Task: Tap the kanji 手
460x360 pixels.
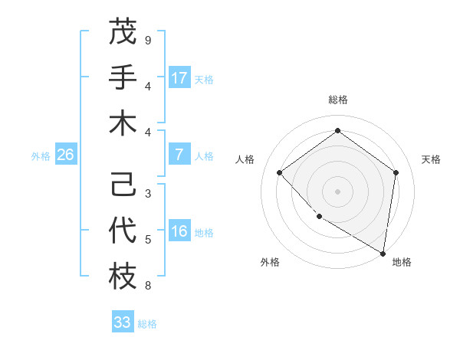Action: (x=123, y=77)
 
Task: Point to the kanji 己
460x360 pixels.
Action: (x=123, y=185)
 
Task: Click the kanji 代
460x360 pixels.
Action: (x=123, y=231)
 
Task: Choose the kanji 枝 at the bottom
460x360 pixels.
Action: (x=123, y=277)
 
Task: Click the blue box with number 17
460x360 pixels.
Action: (x=179, y=78)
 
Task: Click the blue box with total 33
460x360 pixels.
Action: (x=123, y=322)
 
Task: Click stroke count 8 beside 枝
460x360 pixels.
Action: (x=148, y=286)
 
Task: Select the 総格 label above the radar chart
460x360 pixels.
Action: (x=337, y=100)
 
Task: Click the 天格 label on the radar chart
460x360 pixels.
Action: (x=432, y=159)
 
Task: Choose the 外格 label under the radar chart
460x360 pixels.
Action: (x=270, y=262)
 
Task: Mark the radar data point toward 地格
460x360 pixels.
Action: (x=383, y=252)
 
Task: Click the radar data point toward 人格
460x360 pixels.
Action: (x=280, y=173)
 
